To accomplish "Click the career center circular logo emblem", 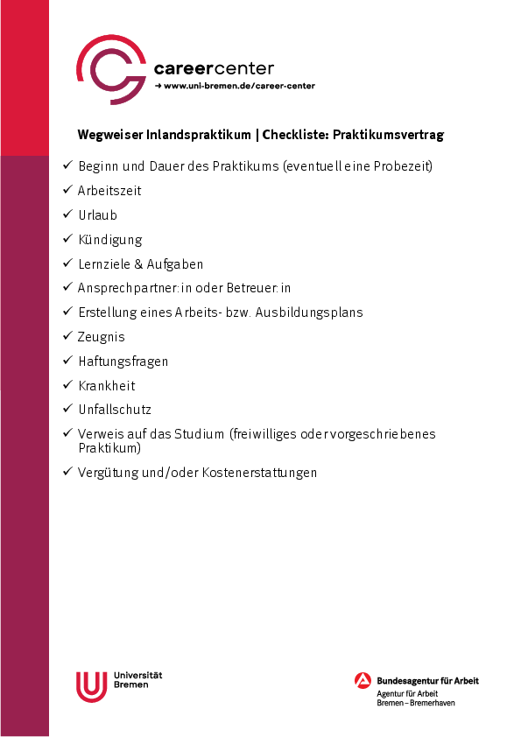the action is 111,69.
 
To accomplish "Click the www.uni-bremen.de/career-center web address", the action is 238,86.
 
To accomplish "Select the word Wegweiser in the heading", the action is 105,135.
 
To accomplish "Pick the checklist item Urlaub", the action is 97,215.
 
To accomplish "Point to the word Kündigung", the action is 109,240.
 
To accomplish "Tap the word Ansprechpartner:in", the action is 128,288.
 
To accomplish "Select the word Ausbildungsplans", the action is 311,312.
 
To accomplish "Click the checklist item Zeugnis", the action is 102,337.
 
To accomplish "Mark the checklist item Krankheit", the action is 107,386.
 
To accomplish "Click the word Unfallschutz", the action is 115,410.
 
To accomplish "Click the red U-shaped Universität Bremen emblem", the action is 91,686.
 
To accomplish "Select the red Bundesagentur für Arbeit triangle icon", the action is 363,681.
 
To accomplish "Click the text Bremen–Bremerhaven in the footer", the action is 416,703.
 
